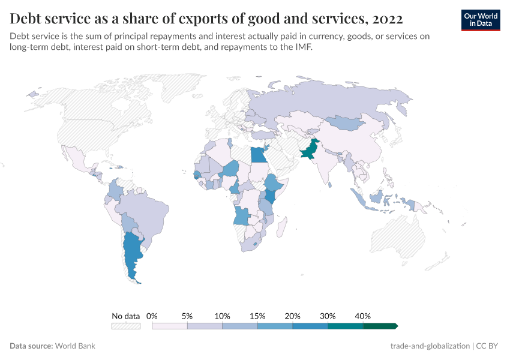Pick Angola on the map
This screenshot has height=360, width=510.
point(242,215)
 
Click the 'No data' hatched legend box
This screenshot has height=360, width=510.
point(126,326)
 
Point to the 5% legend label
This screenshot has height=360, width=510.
point(187,316)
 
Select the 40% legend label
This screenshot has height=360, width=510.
point(363,316)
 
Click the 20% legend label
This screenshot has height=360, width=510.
point(293,316)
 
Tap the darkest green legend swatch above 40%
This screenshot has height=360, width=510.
point(380,326)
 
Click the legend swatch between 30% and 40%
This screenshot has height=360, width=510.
point(346,326)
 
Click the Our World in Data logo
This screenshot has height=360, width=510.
point(481,20)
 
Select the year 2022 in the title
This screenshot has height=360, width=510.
point(388,19)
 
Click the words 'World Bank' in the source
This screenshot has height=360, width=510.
point(75,346)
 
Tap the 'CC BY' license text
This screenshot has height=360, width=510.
point(488,346)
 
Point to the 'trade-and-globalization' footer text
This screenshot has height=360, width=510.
point(430,346)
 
